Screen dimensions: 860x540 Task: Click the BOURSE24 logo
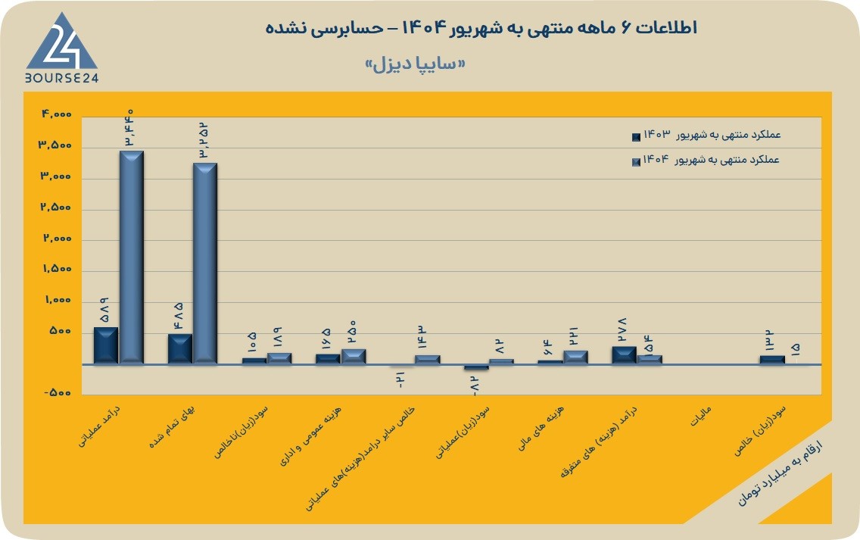tap(61, 48)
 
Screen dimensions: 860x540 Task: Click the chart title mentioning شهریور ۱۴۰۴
tap(481, 27)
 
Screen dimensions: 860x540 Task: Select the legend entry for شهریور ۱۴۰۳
tap(706, 135)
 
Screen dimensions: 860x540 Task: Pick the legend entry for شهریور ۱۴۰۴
tap(706, 161)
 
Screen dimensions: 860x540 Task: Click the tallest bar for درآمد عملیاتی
tap(132, 258)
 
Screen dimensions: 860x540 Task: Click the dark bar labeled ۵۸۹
tap(106, 345)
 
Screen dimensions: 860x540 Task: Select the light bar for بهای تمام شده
tap(205, 264)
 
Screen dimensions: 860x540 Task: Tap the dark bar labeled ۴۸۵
tap(180, 349)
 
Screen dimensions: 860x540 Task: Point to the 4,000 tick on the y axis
tap(57, 114)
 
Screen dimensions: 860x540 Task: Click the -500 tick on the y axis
tap(58, 393)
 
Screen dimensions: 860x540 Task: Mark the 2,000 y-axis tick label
tap(57, 238)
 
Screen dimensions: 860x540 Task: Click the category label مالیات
tap(701, 417)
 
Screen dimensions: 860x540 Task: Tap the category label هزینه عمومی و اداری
tap(310, 435)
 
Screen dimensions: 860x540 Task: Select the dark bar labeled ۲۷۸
tap(624, 355)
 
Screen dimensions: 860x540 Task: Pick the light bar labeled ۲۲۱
tap(575, 357)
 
